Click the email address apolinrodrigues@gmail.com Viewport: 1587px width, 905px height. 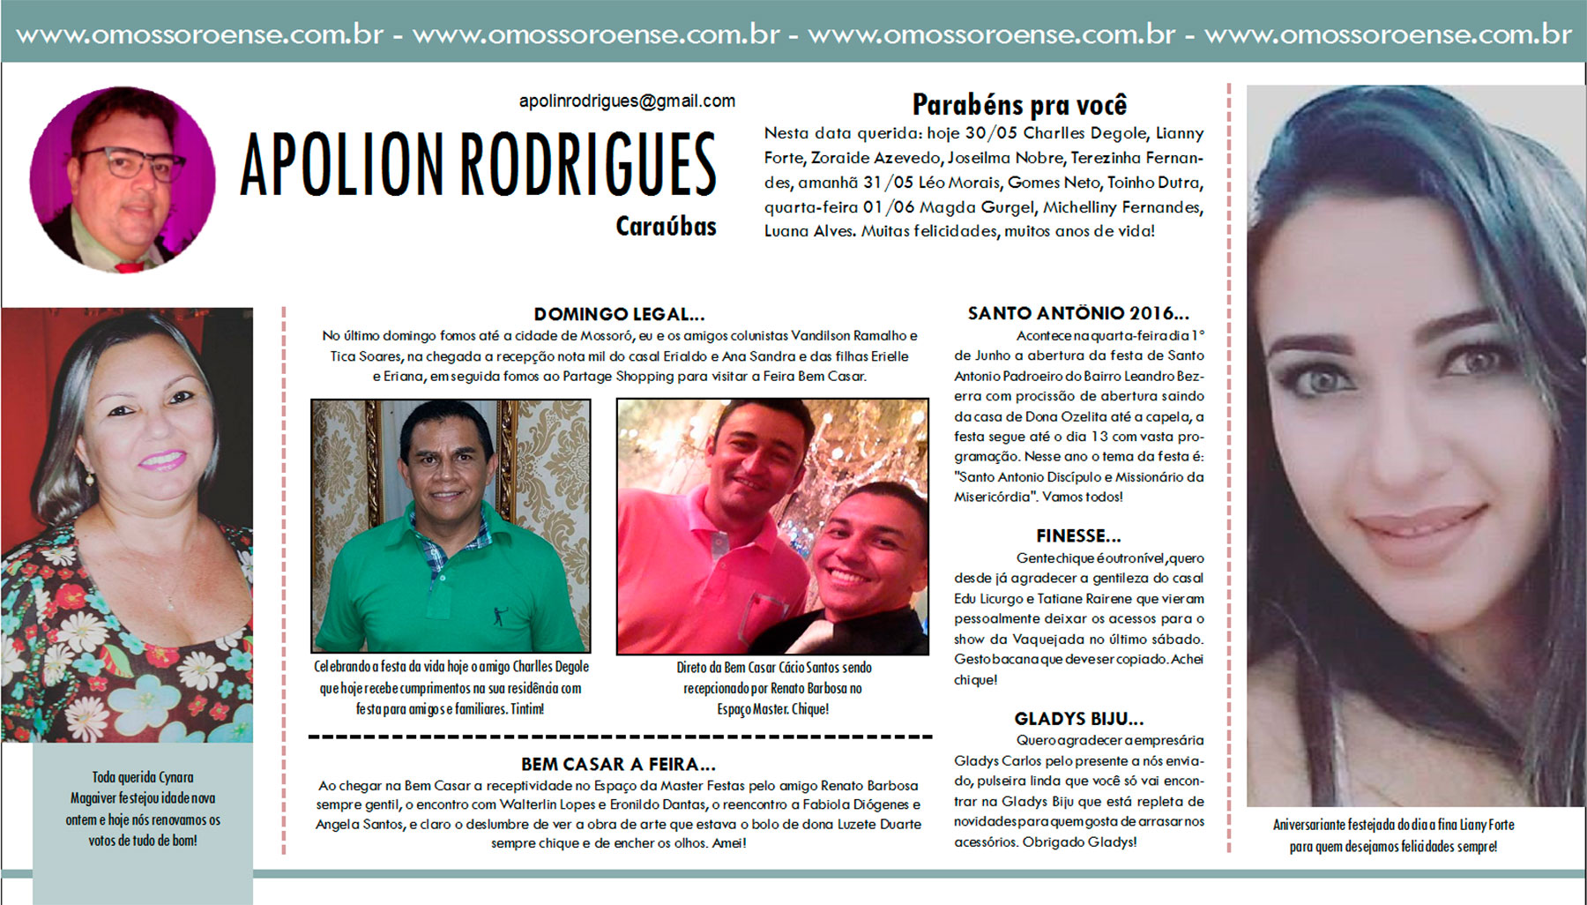coord(627,101)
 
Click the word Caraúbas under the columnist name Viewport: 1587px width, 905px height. coord(666,227)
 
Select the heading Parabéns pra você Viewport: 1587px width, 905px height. coord(1019,105)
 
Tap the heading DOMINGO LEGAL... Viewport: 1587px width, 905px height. coord(619,314)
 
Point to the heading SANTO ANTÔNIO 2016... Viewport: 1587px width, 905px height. coord(1077,313)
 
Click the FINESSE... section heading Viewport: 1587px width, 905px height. coord(1078,535)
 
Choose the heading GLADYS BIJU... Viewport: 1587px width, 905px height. coord(1078,718)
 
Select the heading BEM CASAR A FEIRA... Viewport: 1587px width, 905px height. coord(618,764)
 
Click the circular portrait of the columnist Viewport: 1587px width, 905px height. coord(123,179)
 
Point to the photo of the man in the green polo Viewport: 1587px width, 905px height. coord(451,526)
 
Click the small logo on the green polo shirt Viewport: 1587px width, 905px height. coord(499,616)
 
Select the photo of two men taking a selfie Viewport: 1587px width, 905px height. coord(772,526)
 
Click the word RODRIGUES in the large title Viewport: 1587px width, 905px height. coord(588,165)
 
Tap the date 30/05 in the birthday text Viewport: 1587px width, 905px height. coord(990,133)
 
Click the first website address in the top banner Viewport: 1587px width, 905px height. coord(199,34)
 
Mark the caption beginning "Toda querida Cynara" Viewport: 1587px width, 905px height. coord(143,809)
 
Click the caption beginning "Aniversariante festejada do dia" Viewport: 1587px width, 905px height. coord(1393,835)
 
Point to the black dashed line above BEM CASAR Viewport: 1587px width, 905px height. coord(620,737)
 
